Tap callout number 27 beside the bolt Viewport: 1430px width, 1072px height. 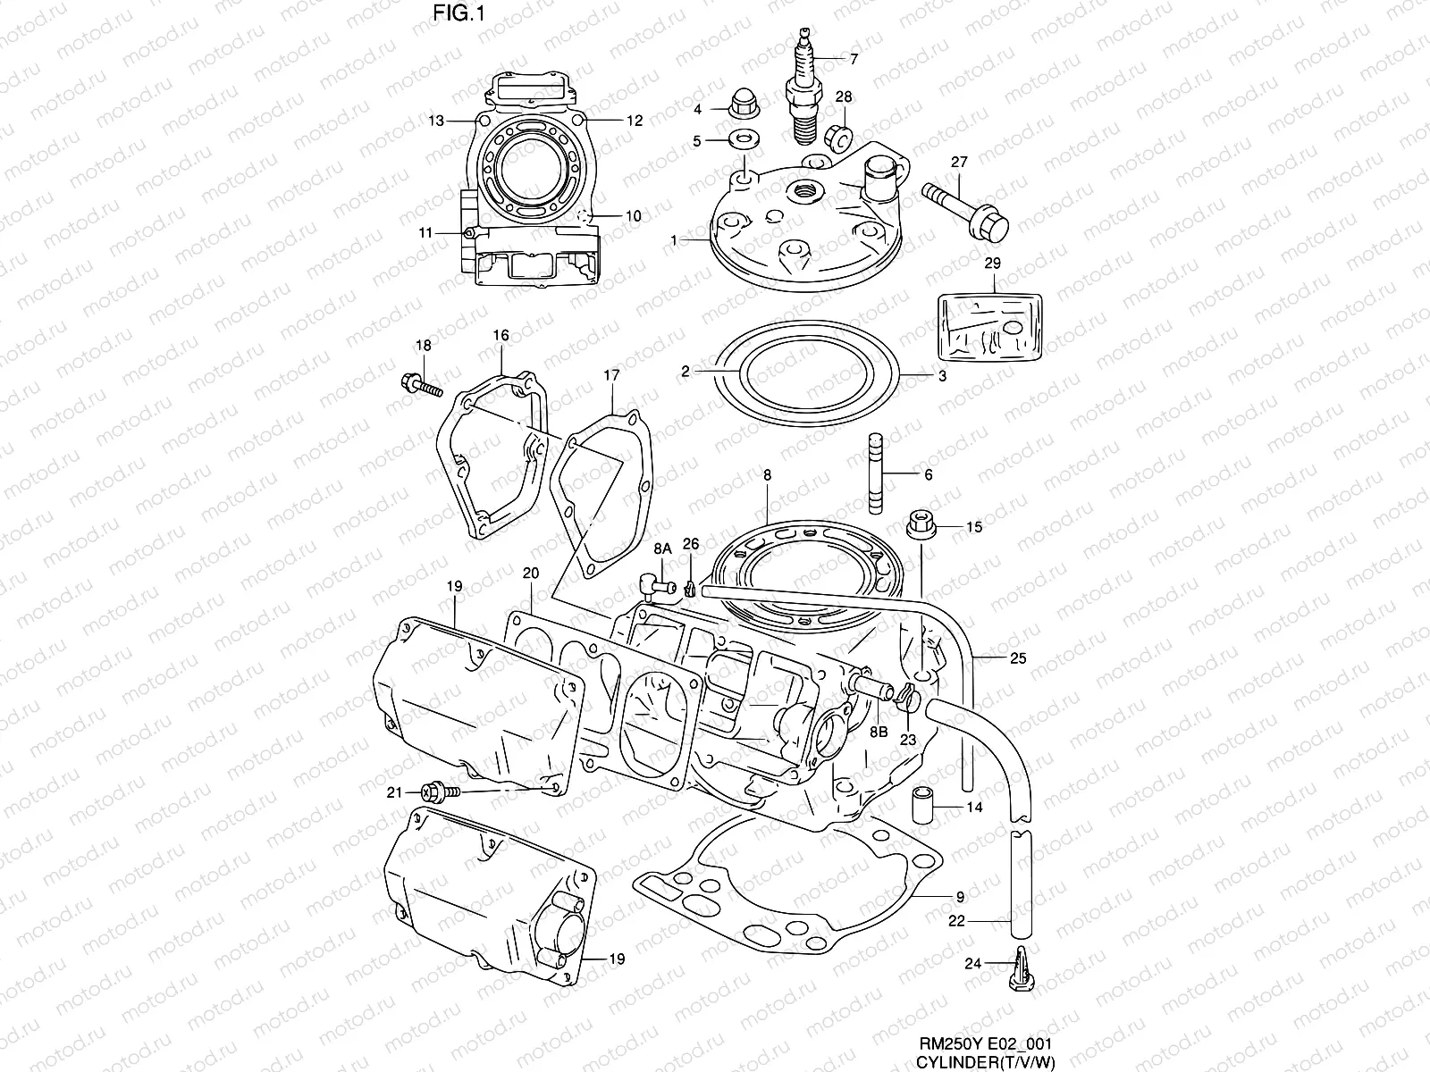point(959,163)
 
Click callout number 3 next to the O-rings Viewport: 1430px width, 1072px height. point(942,377)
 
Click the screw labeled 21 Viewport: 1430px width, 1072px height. point(442,791)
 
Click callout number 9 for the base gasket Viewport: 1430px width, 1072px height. point(959,896)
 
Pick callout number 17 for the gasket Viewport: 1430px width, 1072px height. point(610,376)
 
